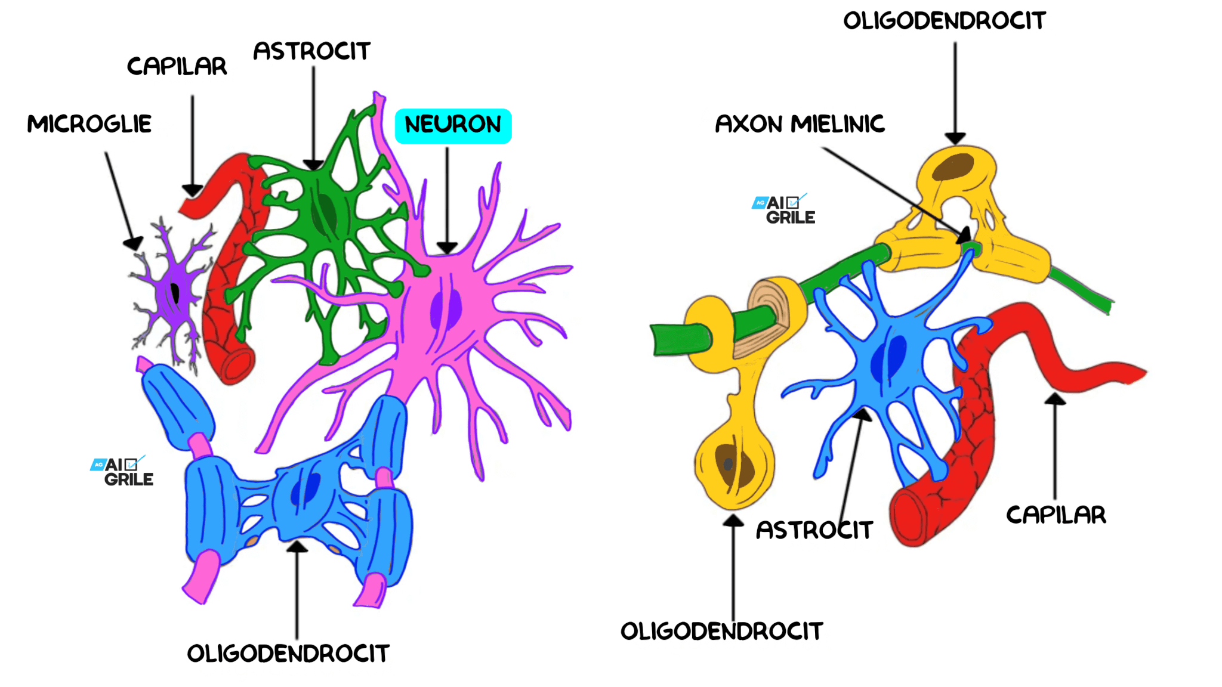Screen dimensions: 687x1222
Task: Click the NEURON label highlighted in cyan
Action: (453, 125)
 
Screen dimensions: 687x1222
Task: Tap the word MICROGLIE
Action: (90, 124)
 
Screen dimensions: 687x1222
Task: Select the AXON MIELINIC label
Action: (800, 124)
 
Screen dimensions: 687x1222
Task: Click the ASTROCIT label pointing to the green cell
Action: (311, 51)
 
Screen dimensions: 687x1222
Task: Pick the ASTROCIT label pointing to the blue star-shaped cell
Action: (814, 530)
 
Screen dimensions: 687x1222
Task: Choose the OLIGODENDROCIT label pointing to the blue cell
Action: (288, 654)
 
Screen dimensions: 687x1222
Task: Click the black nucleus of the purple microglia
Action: (175, 293)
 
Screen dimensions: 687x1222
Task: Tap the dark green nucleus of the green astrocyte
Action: (327, 212)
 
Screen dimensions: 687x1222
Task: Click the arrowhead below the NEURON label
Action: (447, 247)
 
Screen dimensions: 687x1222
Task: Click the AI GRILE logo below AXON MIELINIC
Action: (784, 209)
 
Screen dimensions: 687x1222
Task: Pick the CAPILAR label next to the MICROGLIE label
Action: (177, 66)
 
